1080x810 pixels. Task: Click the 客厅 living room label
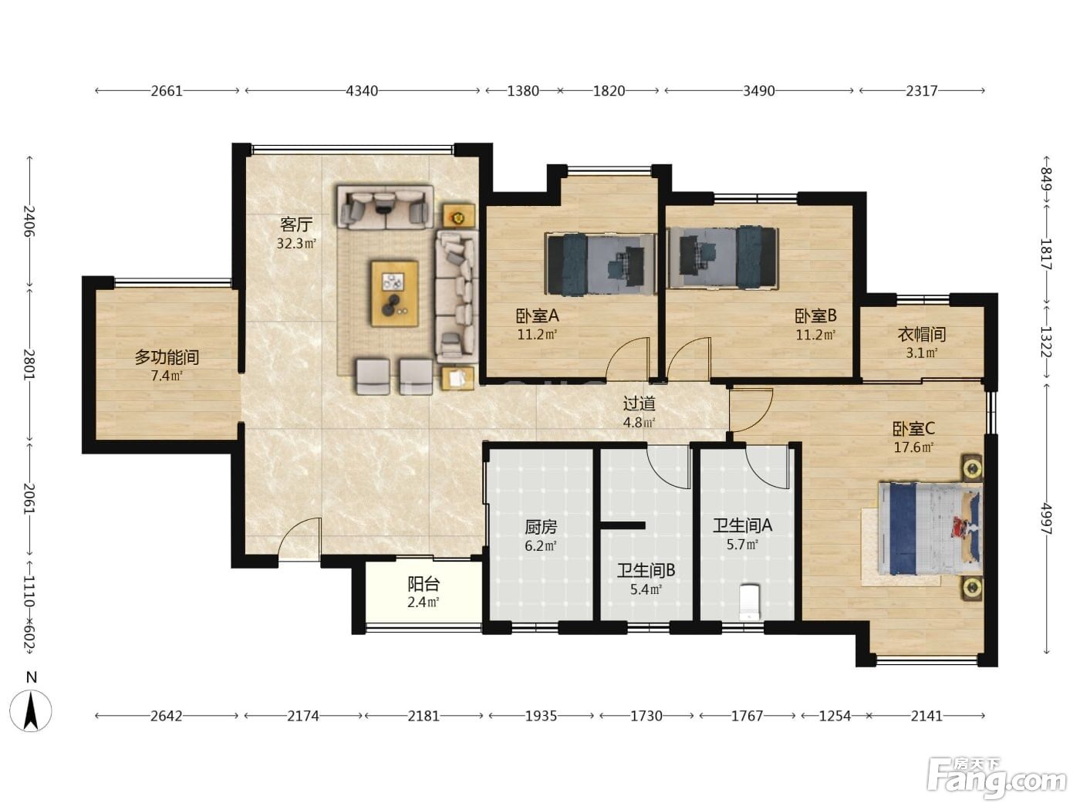[x=295, y=224]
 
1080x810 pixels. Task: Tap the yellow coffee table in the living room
[x=395, y=294]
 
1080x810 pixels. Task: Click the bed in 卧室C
[x=930, y=528]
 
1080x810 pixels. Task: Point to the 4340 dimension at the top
[x=362, y=91]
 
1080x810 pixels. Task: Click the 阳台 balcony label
[x=424, y=584]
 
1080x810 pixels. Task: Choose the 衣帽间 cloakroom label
[x=922, y=335]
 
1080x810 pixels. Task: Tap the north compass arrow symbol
[x=31, y=710]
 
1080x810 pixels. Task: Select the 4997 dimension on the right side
[x=1045, y=519]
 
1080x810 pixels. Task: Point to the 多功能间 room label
[x=167, y=357]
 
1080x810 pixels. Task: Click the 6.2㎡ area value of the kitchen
[x=540, y=546]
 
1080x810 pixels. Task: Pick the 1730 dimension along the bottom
[x=646, y=716]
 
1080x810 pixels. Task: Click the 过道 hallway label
[x=640, y=403]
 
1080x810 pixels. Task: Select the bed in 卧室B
[x=722, y=258]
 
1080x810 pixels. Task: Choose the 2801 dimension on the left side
[x=29, y=364]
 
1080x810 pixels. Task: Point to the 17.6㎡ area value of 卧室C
[x=913, y=447]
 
